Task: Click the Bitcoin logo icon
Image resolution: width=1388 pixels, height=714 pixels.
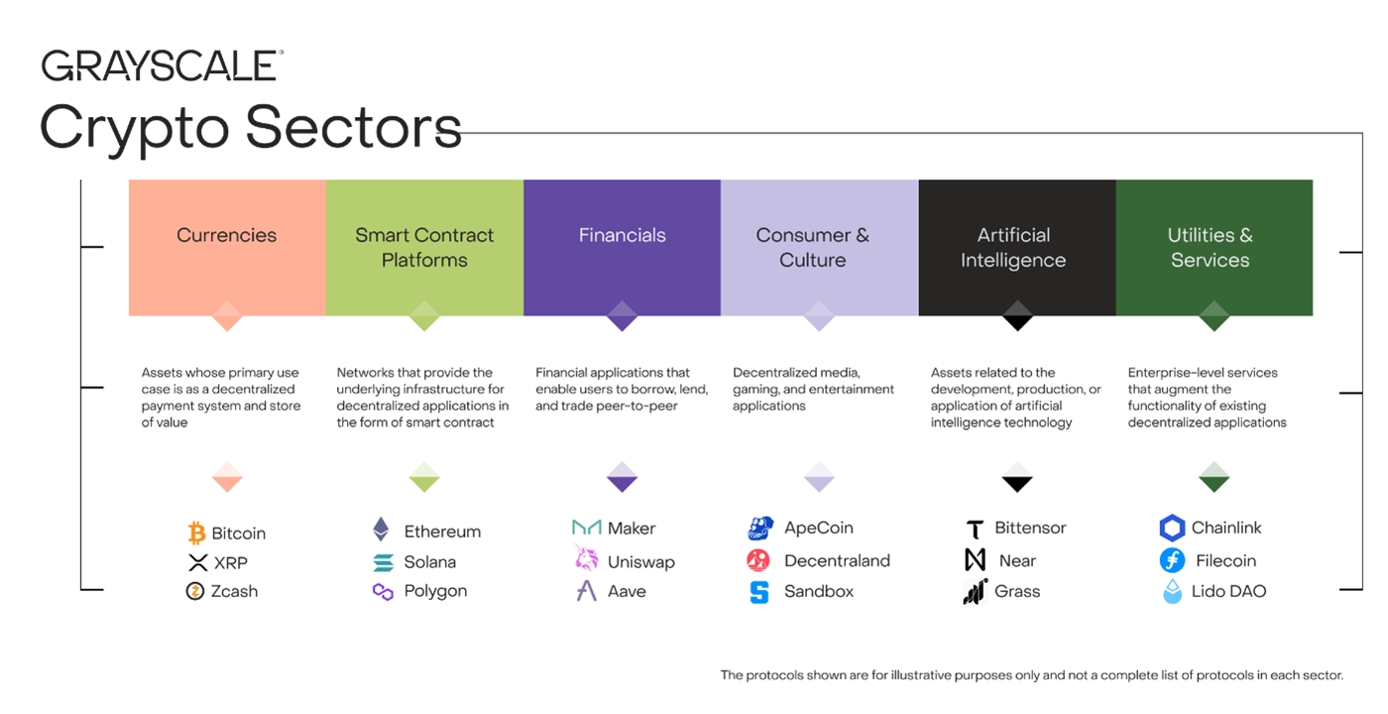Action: pyautogui.click(x=196, y=534)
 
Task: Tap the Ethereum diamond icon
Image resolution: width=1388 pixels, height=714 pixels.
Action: pyautogui.click(x=382, y=530)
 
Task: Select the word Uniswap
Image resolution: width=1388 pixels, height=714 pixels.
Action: pyautogui.click(x=640, y=562)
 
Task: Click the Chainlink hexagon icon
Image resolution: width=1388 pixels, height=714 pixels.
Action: pyautogui.click(x=1172, y=529)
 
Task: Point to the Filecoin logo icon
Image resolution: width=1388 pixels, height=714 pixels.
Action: pyautogui.click(x=1172, y=561)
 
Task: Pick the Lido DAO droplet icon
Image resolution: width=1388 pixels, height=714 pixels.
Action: pyautogui.click(x=1172, y=592)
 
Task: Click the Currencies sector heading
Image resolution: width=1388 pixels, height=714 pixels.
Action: pyautogui.click(x=226, y=235)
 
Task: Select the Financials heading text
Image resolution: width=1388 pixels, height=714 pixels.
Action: pyautogui.click(x=622, y=235)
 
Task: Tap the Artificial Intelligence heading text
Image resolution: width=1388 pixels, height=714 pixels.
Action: pyautogui.click(x=1013, y=247)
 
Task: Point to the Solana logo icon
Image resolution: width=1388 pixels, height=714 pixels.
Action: pyautogui.click(x=383, y=562)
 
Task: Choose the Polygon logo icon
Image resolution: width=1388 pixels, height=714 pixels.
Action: pyautogui.click(x=383, y=592)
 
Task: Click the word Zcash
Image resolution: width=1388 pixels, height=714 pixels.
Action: pyautogui.click(x=236, y=591)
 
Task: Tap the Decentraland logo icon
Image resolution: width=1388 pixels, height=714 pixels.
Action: pyautogui.click(x=758, y=561)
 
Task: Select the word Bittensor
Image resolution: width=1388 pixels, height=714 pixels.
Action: pyautogui.click(x=1030, y=528)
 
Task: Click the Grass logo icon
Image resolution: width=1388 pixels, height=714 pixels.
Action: pyautogui.click(x=975, y=592)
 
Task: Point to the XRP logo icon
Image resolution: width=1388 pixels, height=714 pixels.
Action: pyautogui.click(x=197, y=563)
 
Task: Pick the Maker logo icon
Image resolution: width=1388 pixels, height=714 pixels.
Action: pyautogui.click(x=587, y=528)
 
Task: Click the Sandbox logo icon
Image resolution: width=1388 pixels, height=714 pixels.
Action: pyautogui.click(x=759, y=592)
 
